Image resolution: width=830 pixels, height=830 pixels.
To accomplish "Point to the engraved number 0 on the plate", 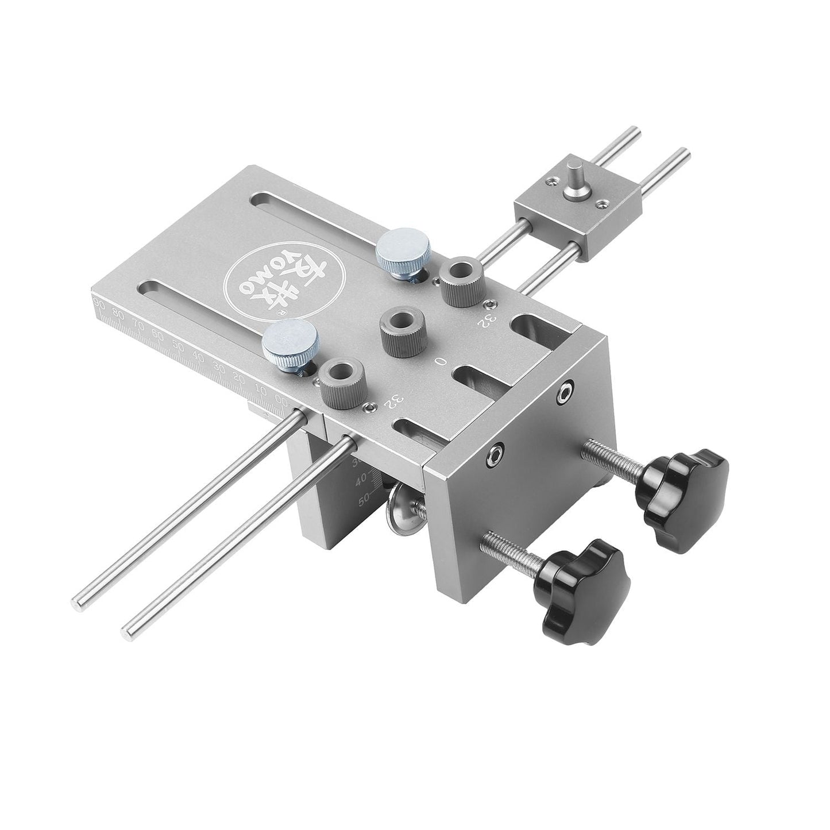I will (439, 362).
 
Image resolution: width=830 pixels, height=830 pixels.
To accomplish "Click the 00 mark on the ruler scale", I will (281, 401).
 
